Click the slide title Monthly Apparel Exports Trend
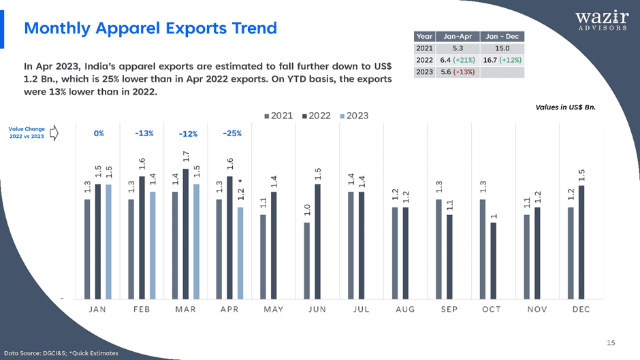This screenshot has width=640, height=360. coord(150,28)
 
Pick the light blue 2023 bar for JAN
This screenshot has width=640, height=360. coord(108,242)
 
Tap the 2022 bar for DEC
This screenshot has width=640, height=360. coord(581,242)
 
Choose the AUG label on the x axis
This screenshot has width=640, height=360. coord(405,310)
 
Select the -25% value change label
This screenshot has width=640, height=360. coord(232,133)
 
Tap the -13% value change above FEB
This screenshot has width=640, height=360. coord(144,133)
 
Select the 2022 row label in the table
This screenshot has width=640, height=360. coord(424,61)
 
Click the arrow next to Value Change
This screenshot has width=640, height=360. coord(54,133)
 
